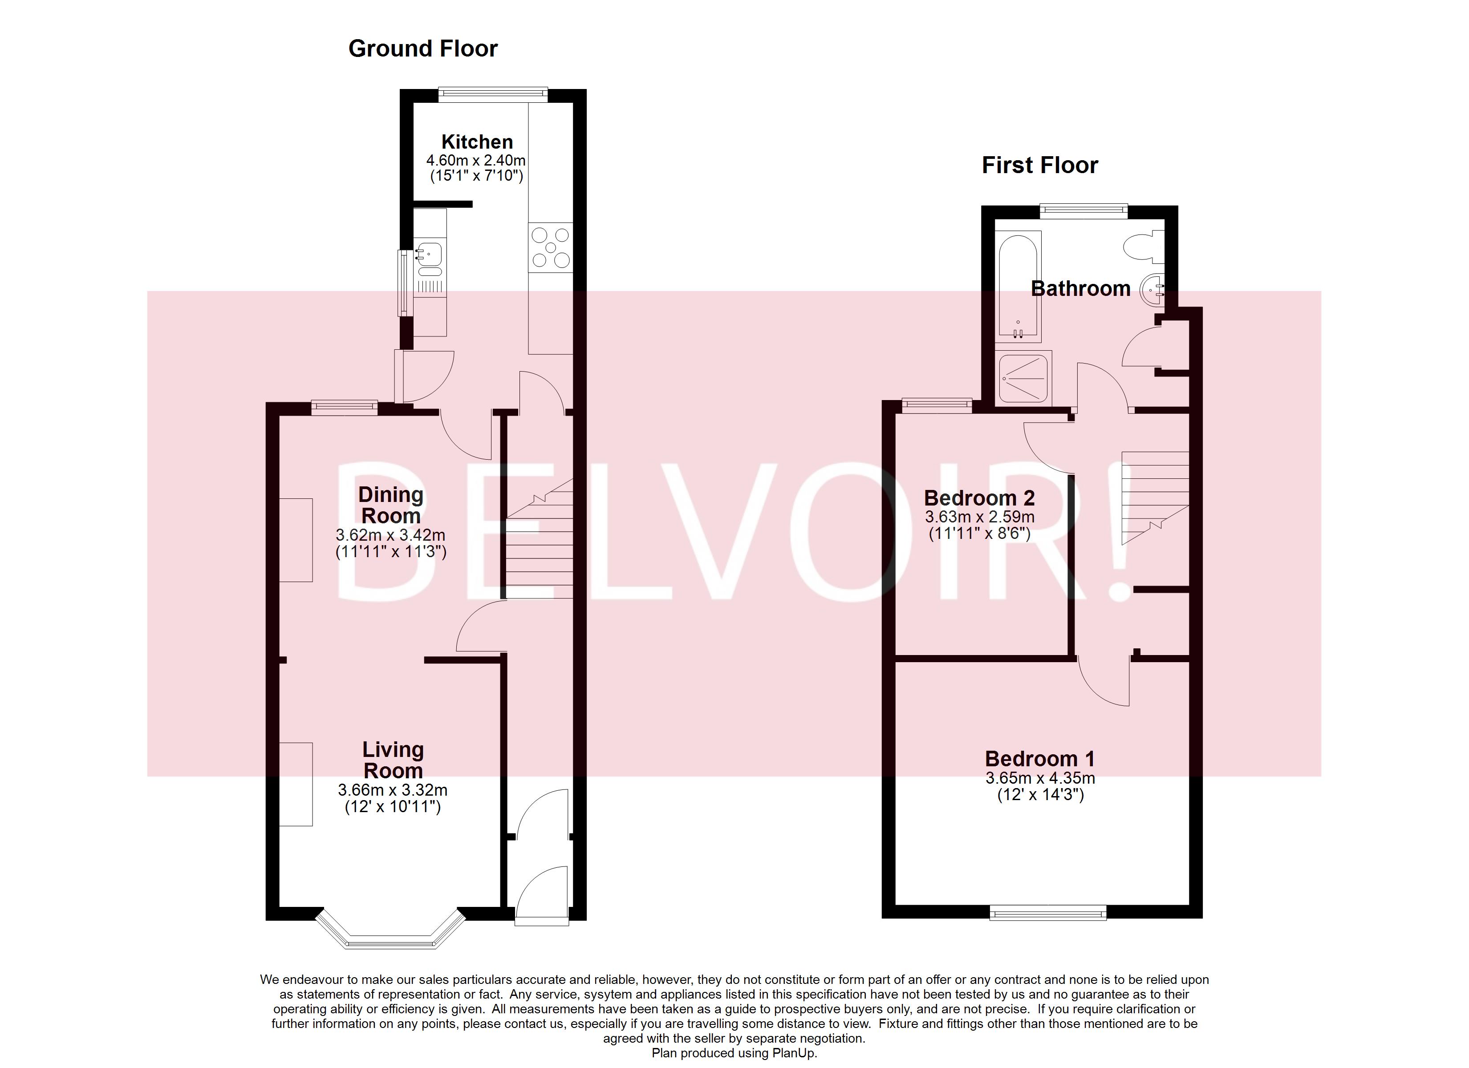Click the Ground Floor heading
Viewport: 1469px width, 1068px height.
(x=422, y=49)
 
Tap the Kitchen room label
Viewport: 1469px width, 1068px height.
(x=477, y=142)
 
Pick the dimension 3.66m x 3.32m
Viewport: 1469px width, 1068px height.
(x=393, y=790)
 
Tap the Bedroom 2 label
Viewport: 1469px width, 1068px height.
(x=979, y=498)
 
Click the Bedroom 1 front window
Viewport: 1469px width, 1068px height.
(x=1047, y=913)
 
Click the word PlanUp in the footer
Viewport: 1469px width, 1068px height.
(x=795, y=1053)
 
